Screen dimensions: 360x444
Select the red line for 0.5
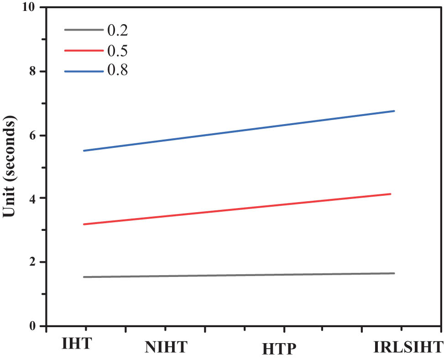(x=237, y=209)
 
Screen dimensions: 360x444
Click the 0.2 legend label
(x=117, y=31)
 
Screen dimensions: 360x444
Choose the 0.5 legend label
(x=117, y=51)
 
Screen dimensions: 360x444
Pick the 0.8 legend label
(x=117, y=71)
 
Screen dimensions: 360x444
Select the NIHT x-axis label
(x=166, y=347)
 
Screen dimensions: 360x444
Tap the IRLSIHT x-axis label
(x=408, y=346)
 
